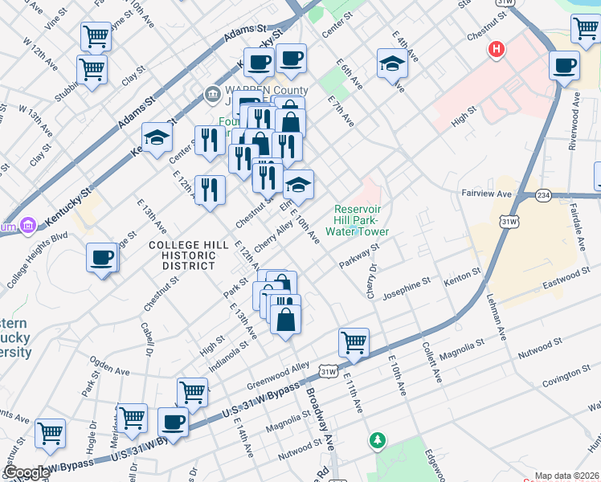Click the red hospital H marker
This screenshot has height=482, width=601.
(497, 50)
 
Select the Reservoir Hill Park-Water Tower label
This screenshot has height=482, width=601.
(362, 221)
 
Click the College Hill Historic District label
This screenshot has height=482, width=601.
(182, 254)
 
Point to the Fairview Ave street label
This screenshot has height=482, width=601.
(486, 194)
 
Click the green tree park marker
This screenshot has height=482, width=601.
(377, 440)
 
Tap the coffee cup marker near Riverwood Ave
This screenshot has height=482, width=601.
(565, 65)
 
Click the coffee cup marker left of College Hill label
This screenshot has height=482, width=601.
(102, 257)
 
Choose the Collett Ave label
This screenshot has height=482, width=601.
(431, 361)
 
